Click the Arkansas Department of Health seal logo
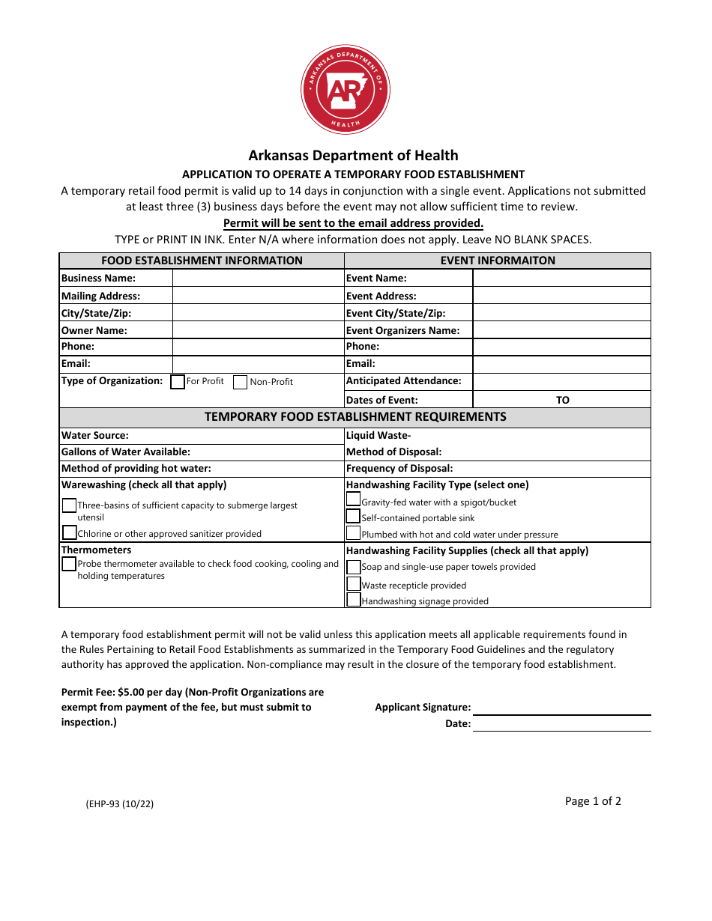pos(346,90)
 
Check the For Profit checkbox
pos(178,382)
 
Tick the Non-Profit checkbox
pos(241,382)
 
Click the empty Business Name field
pos(258,278)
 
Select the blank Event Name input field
pos(561,278)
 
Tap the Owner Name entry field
pos(258,330)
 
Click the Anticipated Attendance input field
pos(561,380)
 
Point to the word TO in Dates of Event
pos(563,400)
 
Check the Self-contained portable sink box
pos(353,517)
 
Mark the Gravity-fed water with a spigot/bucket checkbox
pos(353,499)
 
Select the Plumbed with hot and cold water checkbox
pos(353,533)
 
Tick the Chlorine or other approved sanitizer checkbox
pos(70,532)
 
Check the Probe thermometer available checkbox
pos(69,564)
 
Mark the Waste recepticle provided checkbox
pos(353,584)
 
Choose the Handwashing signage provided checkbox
pos(353,600)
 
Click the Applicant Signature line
pos(561,708)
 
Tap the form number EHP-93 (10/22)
pos(120,804)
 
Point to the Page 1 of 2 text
pos(593,801)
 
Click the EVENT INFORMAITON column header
pos(498,261)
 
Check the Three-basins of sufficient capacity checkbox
pos(69,505)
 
